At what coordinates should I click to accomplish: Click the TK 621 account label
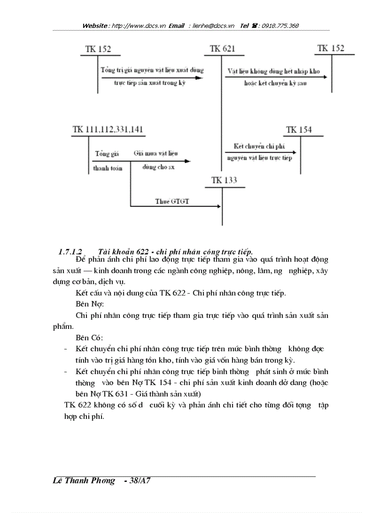pos(223,49)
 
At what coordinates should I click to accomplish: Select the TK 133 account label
pos(224,180)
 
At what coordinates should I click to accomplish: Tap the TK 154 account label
pos(298,130)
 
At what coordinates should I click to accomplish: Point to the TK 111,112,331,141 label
pos(107,130)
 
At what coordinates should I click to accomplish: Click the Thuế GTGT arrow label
pos(171,201)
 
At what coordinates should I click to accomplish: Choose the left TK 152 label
pos(98,49)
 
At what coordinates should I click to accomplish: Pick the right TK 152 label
pos(331,48)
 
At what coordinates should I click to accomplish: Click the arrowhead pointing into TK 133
pos(218,206)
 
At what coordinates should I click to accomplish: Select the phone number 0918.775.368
pos(280,26)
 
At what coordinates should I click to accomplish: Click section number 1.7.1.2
pos(70,252)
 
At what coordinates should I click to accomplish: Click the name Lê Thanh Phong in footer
pos(84,481)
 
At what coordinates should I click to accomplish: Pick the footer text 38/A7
pos(140,481)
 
